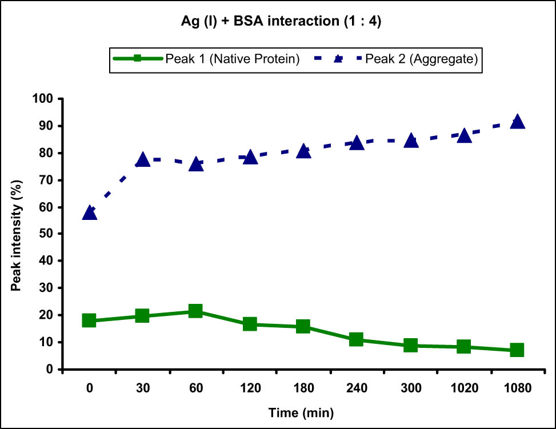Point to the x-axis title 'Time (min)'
tap(303, 412)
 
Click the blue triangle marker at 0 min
tap(90, 213)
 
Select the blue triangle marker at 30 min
tap(142, 160)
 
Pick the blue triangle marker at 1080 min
tap(517, 121)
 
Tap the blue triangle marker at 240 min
tap(357, 142)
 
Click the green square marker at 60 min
tap(195, 311)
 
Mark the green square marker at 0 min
tap(89, 320)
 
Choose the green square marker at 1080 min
tap(517, 350)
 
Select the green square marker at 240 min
tap(357, 339)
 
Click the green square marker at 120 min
tap(250, 324)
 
